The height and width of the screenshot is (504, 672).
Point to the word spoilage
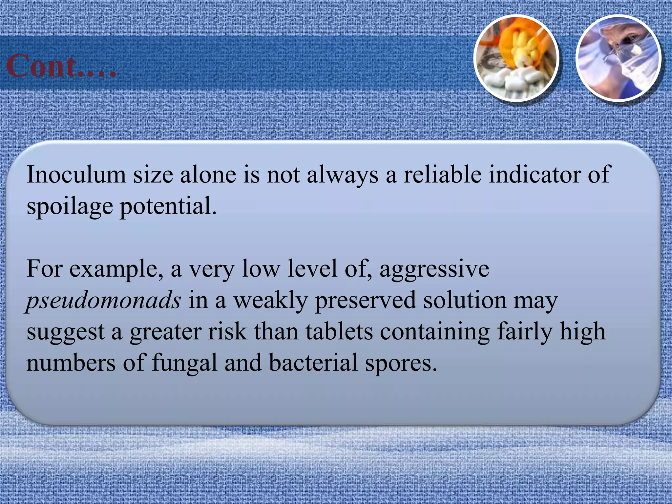click(70, 207)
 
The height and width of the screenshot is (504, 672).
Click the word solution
click(465, 300)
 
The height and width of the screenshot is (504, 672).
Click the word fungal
click(185, 363)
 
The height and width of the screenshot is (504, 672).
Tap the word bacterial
click(313, 363)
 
